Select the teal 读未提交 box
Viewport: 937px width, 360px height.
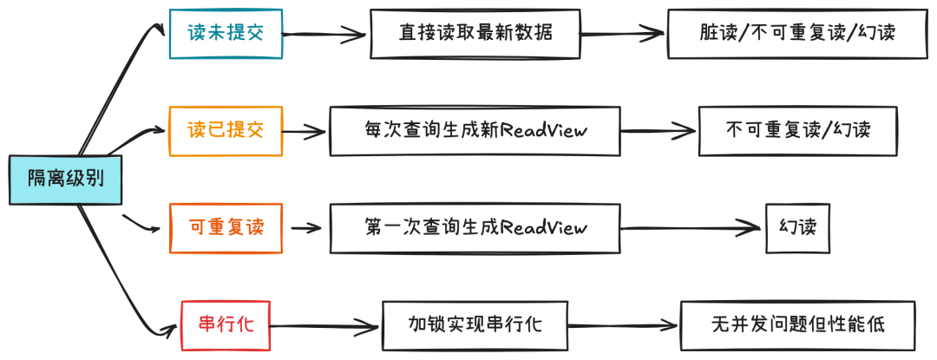(x=225, y=34)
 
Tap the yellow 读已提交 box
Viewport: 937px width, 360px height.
(x=225, y=131)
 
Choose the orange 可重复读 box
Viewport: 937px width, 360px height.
(x=225, y=228)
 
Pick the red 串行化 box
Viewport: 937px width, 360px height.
(x=225, y=325)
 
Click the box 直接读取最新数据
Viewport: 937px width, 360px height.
(x=475, y=34)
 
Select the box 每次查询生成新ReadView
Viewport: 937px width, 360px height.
(x=475, y=131)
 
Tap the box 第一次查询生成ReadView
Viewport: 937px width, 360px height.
(x=475, y=228)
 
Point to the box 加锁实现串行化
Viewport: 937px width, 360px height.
(x=475, y=325)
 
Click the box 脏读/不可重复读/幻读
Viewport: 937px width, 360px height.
(x=796, y=34)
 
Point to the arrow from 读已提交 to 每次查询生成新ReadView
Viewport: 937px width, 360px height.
(x=304, y=133)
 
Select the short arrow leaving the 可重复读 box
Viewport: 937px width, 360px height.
(x=305, y=229)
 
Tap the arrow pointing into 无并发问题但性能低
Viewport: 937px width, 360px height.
(x=624, y=327)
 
